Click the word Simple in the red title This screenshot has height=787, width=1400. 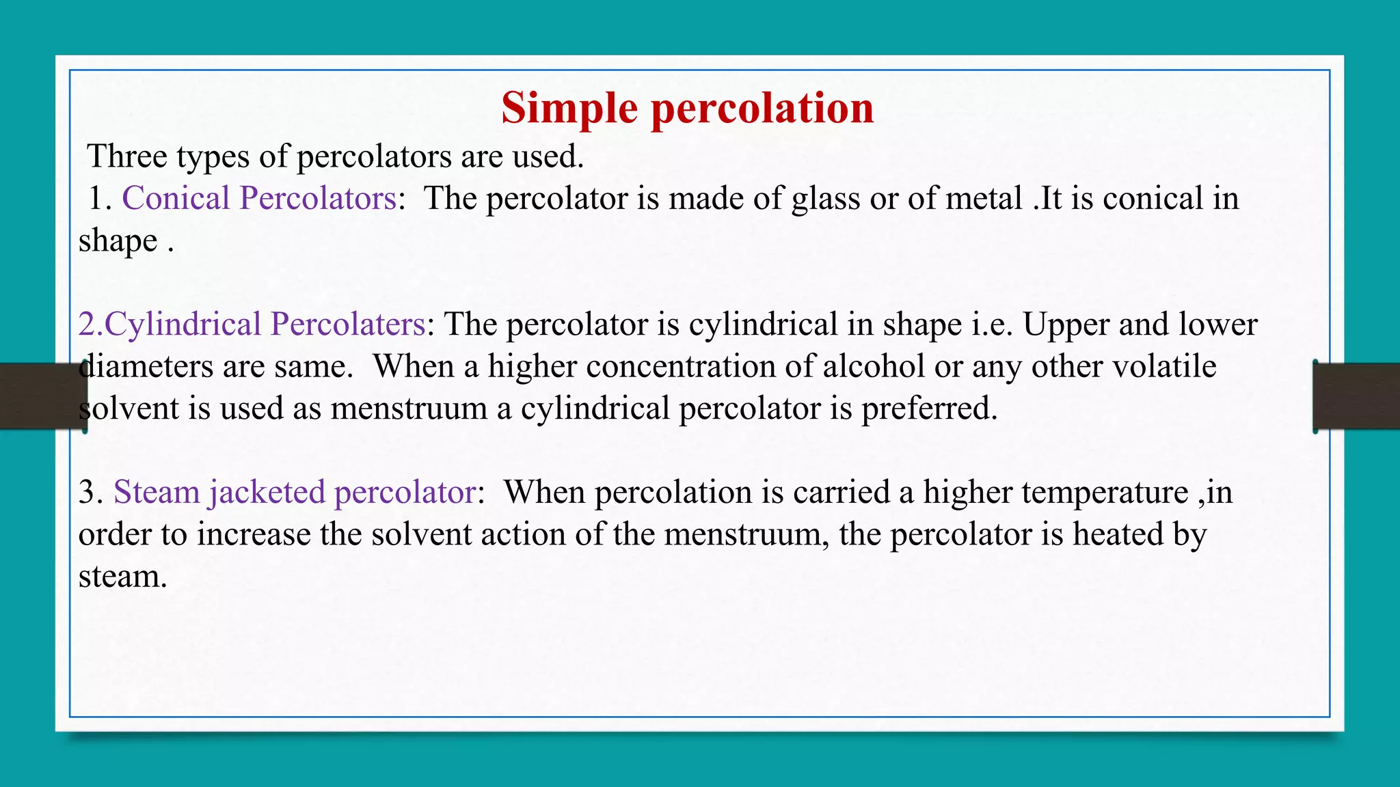click(x=569, y=109)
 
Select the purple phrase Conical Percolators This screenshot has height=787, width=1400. click(x=259, y=199)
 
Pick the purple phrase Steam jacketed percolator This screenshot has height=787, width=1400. click(x=294, y=493)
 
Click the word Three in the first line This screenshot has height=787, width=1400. click(x=127, y=156)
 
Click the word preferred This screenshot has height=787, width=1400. click(x=929, y=409)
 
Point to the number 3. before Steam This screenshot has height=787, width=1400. click(x=90, y=493)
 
